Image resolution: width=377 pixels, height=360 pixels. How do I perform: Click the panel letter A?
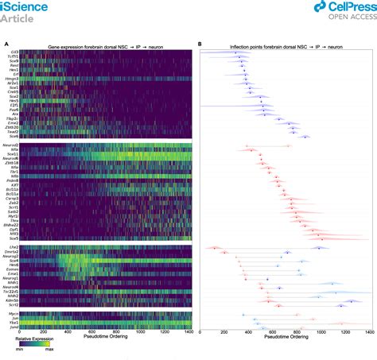pos(6,45)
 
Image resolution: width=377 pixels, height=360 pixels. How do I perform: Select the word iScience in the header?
pos(25,6)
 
